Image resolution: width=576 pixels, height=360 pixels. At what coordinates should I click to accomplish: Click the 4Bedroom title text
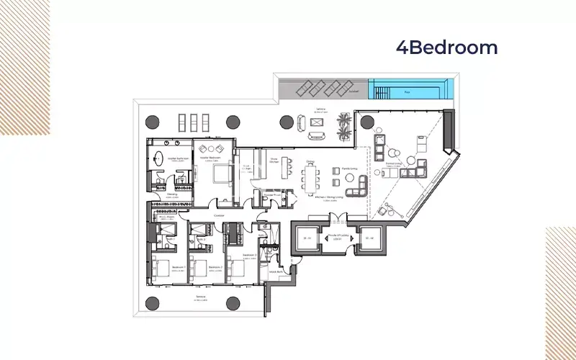click(446, 48)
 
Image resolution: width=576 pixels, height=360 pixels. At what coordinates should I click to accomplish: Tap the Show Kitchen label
click(274, 160)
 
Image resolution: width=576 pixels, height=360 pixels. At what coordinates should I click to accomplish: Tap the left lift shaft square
click(306, 238)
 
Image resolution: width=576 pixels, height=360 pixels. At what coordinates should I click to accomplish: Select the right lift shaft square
click(369, 238)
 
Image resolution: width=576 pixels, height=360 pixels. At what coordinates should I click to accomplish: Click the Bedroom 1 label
click(179, 267)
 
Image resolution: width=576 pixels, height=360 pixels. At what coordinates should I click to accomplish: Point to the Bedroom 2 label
click(215, 267)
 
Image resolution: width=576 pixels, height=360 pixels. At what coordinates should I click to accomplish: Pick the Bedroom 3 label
click(250, 256)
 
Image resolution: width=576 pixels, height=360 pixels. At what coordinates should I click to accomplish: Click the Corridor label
click(219, 215)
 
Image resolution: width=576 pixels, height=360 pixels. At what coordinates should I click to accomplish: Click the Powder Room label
click(271, 194)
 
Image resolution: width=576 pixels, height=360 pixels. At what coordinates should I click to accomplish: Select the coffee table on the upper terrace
click(315, 121)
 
